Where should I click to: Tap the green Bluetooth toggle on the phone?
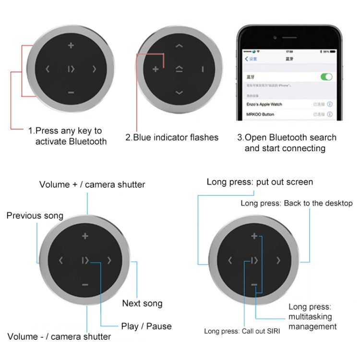click(x=326, y=77)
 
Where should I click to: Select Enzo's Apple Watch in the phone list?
click(x=264, y=104)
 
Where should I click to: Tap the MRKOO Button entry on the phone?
click(x=261, y=115)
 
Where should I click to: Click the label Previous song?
click(x=35, y=216)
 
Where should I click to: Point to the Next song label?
click(x=142, y=303)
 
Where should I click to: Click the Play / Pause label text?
click(x=146, y=326)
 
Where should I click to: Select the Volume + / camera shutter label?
click(x=92, y=184)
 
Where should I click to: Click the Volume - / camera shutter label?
click(x=59, y=336)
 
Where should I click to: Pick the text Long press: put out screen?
click(x=260, y=182)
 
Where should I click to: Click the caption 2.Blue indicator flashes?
click(x=172, y=138)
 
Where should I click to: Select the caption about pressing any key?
click(x=68, y=136)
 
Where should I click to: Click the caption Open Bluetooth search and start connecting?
click(x=287, y=143)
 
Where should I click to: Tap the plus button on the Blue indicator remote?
click(x=156, y=69)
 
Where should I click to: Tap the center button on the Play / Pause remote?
click(x=85, y=261)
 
